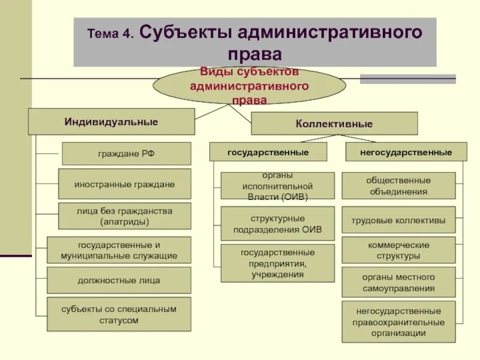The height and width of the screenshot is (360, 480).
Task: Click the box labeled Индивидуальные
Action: (112, 122)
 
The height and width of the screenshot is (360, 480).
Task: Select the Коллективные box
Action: (334, 124)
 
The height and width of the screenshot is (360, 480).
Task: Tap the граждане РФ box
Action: (127, 154)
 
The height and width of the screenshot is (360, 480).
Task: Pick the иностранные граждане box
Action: (125, 184)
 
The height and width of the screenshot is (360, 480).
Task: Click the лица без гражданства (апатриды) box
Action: (125, 216)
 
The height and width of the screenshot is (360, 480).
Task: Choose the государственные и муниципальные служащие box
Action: (119, 250)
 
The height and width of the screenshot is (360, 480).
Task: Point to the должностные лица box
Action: (119, 280)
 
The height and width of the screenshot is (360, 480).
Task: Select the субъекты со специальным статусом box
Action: (119, 314)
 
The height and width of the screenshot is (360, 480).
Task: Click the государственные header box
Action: (268, 152)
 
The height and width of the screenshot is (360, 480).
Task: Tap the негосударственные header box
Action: (406, 152)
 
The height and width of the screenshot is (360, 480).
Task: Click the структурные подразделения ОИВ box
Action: (277, 224)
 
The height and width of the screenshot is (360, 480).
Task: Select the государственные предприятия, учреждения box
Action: (277, 263)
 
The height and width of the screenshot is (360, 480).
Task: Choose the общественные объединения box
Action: (398, 186)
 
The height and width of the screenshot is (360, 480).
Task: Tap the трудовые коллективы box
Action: (398, 220)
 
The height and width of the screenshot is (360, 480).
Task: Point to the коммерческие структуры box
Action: (398, 250)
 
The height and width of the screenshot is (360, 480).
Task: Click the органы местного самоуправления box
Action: (398, 283)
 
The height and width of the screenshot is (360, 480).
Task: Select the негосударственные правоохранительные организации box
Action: (398, 322)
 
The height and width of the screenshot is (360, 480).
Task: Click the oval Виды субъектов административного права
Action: (249, 86)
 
